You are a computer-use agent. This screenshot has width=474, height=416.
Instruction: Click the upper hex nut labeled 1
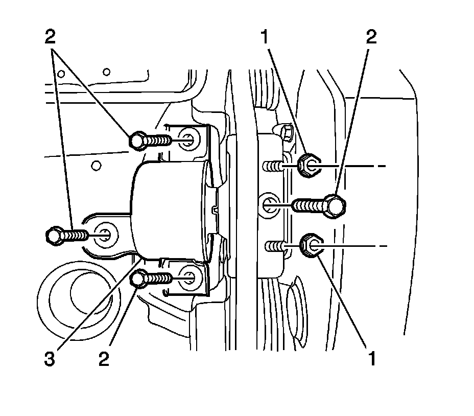[x=307, y=165]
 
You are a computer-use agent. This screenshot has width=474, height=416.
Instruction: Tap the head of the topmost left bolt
[x=138, y=140]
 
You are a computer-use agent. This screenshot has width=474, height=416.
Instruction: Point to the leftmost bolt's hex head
[x=53, y=236]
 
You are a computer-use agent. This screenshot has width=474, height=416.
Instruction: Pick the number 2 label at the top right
[x=371, y=37]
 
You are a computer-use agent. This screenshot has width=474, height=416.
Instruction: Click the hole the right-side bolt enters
[x=269, y=205]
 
